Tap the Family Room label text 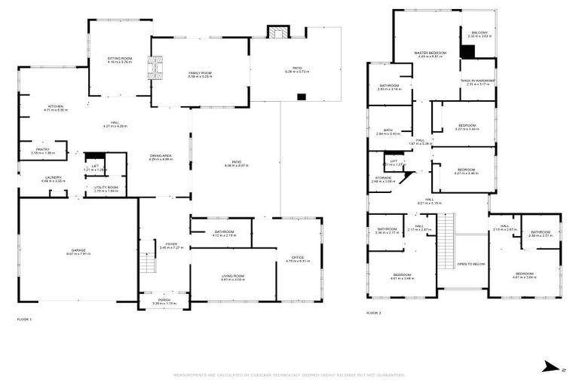point(200,73)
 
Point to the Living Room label point(233,277)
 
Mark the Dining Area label point(161,156)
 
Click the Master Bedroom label point(430,53)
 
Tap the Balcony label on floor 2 point(479,33)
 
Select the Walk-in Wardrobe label point(478,81)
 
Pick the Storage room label point(383,178)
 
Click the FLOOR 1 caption point(25,320)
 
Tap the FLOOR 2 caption point(375,312)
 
